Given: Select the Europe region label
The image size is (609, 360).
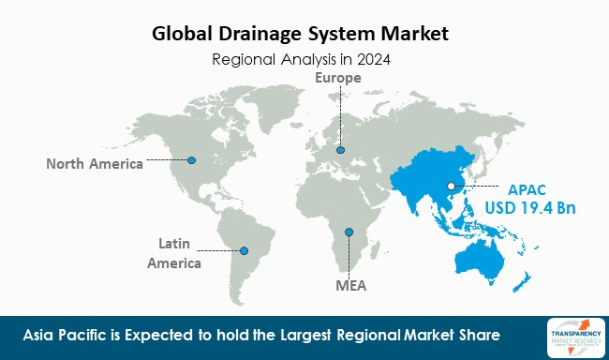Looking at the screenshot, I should coord(338,78).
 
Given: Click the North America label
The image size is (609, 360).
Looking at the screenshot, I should coord(95,164).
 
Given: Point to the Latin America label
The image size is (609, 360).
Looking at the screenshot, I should coord(173,254).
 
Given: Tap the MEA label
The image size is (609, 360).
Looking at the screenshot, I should coord(350,282).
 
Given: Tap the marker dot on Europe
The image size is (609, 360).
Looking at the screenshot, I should coord(340,149).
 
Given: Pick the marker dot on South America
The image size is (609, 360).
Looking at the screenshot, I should coord(245,250).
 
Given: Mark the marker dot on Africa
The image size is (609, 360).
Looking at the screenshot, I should coord(349,231).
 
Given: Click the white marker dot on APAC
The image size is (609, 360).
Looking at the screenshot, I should coord(452,187).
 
